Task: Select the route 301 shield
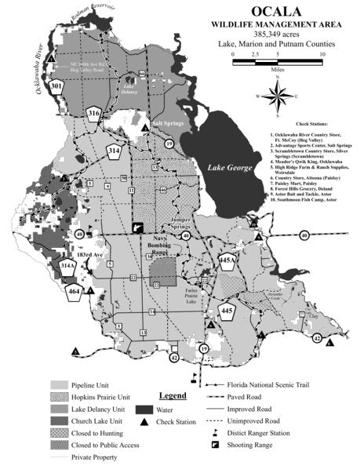56,85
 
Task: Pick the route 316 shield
94,114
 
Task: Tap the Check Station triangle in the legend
147,422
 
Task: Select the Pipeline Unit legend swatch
60,385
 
